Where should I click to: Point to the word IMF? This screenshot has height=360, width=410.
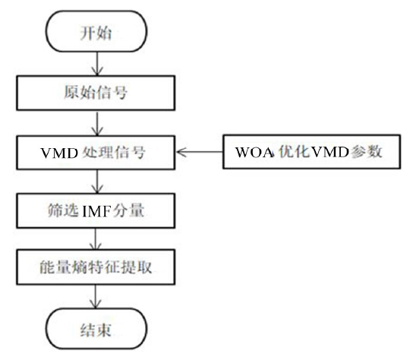104,210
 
